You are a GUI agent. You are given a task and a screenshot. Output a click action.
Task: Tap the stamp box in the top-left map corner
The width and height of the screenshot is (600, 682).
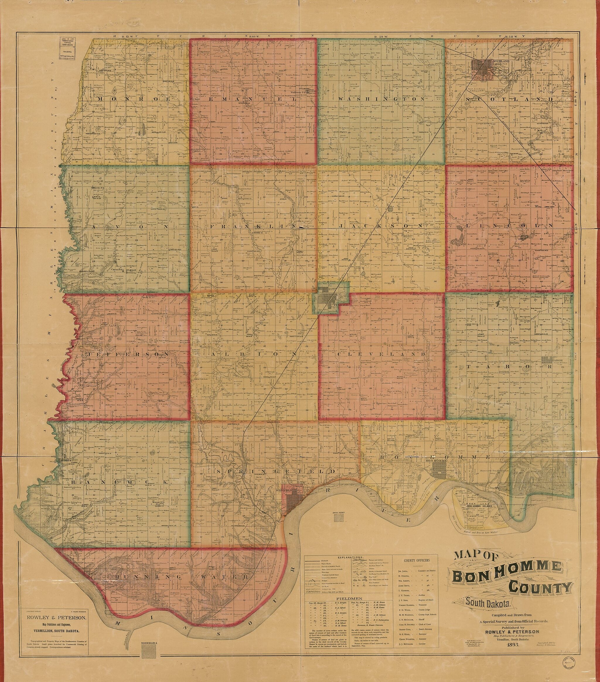click(67, 49)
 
